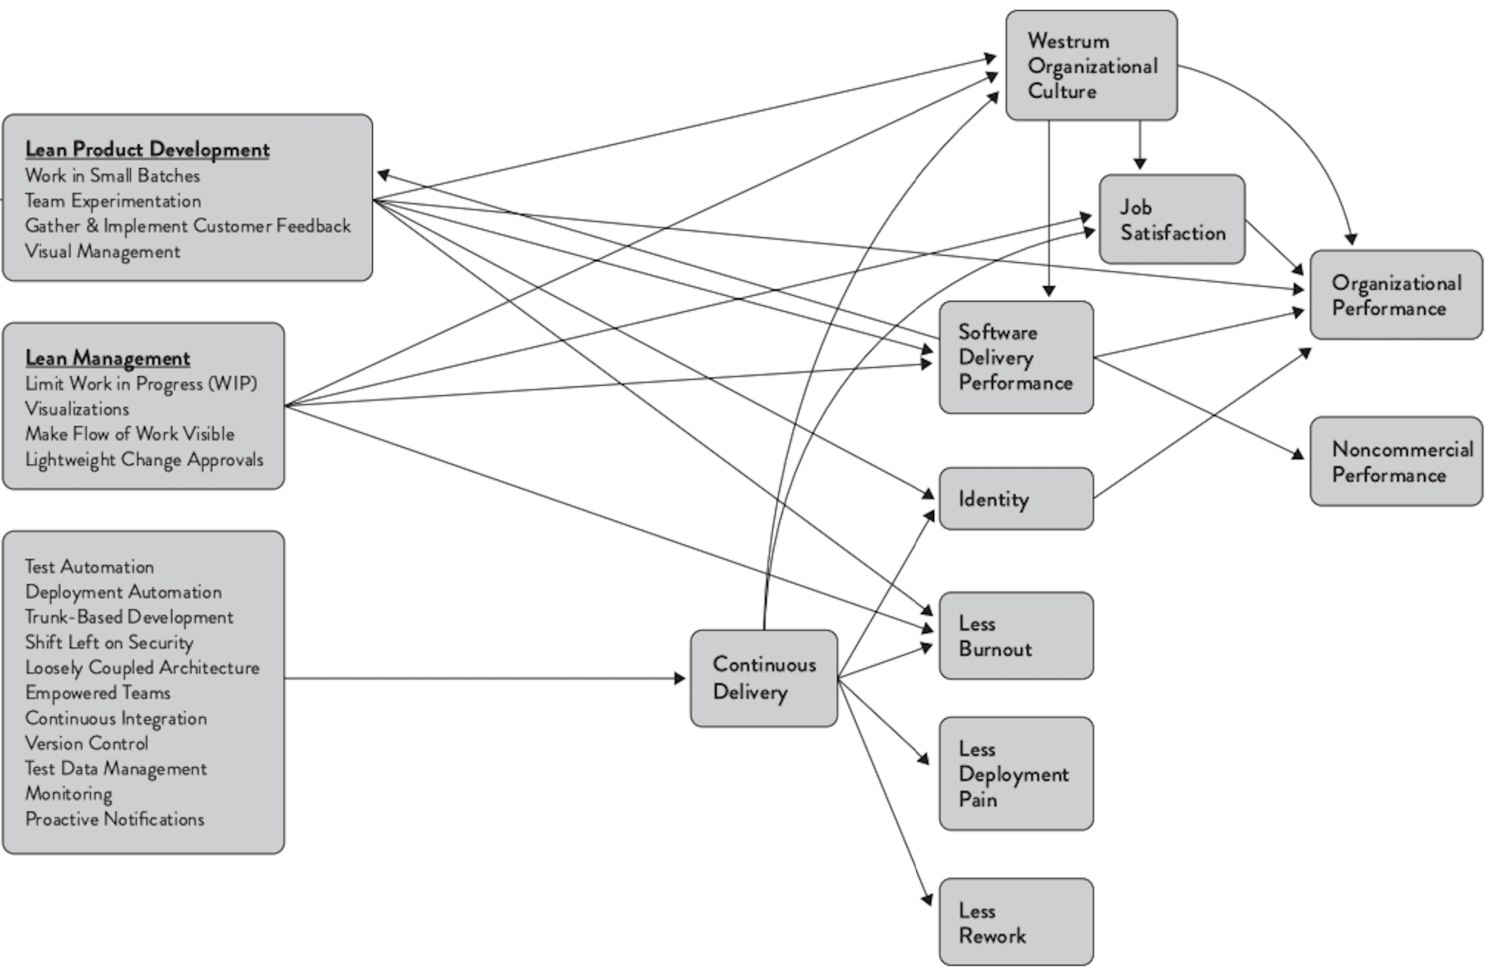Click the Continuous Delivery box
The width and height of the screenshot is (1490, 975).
click(x=764, y=678)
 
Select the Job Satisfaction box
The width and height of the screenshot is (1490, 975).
click(x=1172, y=219)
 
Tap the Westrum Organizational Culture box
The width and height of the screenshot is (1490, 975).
click(x=1091, y=65)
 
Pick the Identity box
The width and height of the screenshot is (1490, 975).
click(x=1016, y=498)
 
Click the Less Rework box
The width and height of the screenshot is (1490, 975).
click(x=1016, y=922)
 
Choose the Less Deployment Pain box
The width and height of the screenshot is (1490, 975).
click(x=1016, y=774)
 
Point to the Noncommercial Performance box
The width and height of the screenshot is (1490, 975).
click(x=1396, y=461)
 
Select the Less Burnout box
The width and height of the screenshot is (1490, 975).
click(x=1016, y=635)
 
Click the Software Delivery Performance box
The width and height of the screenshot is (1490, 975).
click(x=1016, y=357)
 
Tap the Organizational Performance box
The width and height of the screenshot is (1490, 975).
click(x=1396, y=295)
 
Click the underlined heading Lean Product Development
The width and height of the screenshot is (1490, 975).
click(x=147, y=149)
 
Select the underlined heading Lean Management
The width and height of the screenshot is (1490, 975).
click(x=108, y=357)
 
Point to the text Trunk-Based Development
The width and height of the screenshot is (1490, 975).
click(x=129, y=617)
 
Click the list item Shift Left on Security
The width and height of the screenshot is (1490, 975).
click(x=109, y=642)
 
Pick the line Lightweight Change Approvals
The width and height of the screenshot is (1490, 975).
click(x=144, y=459)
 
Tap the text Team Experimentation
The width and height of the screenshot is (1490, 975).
click(x=113, y=201)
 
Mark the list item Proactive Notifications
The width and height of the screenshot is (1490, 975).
click(x=115, y=819)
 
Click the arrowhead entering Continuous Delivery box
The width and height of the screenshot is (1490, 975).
click(x=680, y=678)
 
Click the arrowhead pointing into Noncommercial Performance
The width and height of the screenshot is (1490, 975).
click(x=1298, y=454)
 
